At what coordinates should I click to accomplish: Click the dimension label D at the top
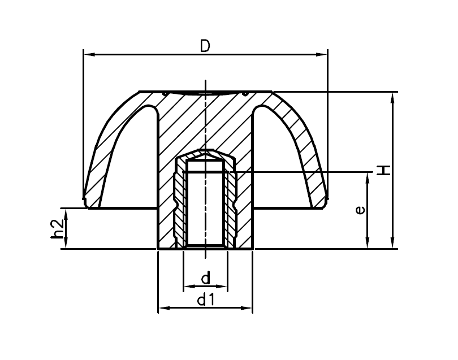coord(205,46)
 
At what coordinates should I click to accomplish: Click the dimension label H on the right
coord(384,170)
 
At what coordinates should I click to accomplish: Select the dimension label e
coord(359,210)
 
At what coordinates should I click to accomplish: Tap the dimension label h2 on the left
coord(57,228)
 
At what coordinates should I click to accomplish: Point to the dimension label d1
coord(205,300)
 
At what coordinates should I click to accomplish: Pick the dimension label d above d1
coord(206,278)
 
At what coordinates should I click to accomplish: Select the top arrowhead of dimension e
coord(368,178)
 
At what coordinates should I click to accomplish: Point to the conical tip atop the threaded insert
coord(205,154)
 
